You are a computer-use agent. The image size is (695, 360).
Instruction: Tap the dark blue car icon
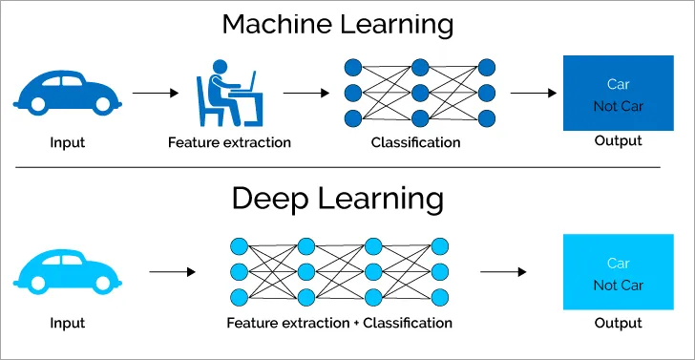pos(68,93)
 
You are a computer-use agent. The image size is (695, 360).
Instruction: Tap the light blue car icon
pos(68,270)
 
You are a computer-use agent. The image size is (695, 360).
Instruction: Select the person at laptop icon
pos(230,93)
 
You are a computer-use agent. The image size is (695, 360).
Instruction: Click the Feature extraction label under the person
pos(229,143)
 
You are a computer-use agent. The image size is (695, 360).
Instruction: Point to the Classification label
pos(415,143)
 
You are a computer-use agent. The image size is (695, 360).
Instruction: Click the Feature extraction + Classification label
pos(339,323)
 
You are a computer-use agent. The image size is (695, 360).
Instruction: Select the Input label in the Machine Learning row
pos(68,143)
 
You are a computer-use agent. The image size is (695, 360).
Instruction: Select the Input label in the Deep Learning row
pos(68,323)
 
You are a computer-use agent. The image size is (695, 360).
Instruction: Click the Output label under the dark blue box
pos(619,141)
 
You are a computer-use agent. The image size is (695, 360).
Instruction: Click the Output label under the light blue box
pos(619,323)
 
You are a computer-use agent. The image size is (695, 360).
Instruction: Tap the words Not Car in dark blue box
pos(619,106)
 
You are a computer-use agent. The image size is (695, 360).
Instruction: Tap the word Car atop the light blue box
pos(619,263)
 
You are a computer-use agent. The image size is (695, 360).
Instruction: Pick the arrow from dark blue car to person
pos(155,94)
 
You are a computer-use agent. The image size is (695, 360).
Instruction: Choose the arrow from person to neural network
pos(305,94)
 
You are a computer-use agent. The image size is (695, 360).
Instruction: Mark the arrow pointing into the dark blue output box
pos(534,94)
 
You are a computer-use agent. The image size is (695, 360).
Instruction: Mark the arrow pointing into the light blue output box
pos(503,272)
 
